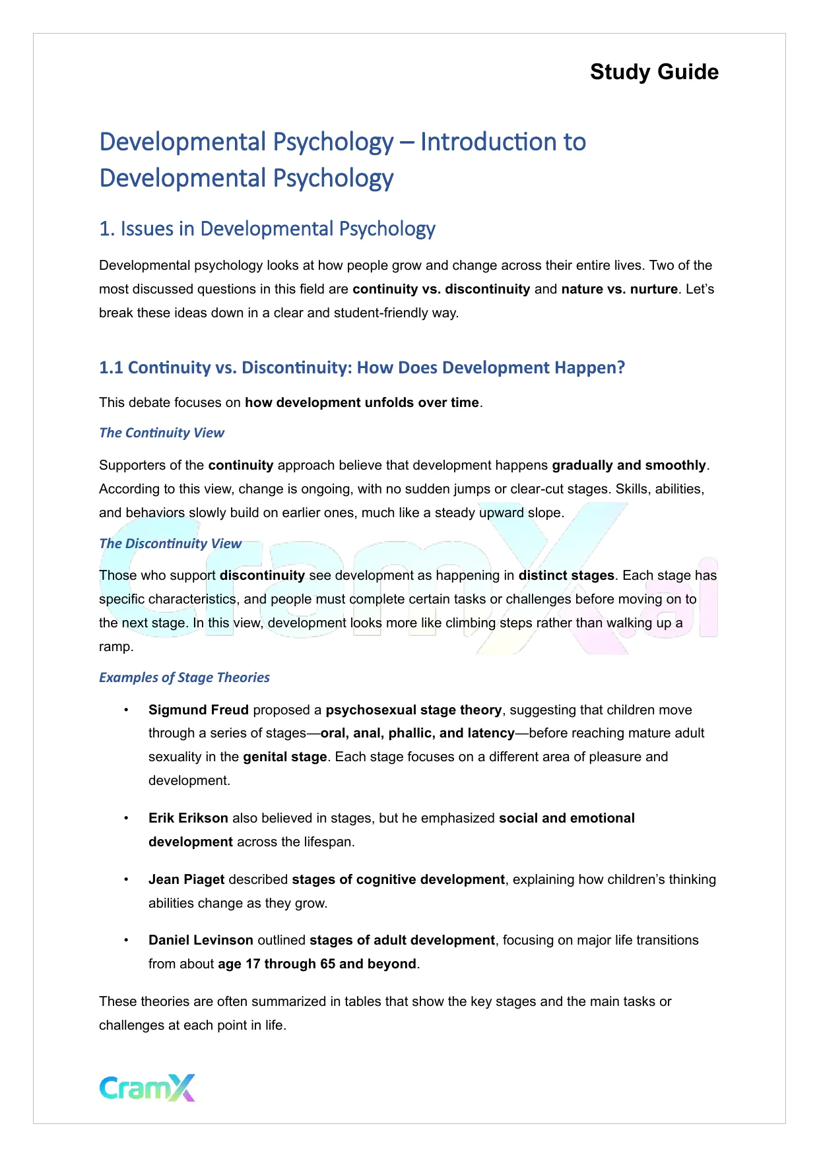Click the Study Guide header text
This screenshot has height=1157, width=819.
pos(654,72)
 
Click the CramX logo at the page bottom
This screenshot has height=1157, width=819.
pos(147,1088)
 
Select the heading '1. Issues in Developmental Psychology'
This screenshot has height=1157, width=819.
pos(267,229)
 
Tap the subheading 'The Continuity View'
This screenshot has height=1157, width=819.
pos(162,433)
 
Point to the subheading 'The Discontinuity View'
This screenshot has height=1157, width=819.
pos(170,544)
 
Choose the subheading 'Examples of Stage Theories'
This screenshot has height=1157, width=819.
pos(184,677)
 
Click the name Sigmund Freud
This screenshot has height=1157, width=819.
pos(198,710)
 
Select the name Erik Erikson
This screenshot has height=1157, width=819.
pos(188,818)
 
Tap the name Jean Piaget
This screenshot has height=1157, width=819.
pos(187,879)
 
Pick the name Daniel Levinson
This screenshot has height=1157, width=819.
pos(201,940)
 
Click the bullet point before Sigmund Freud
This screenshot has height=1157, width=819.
pos(126,710)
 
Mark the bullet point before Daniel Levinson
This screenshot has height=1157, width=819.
pos(126,940)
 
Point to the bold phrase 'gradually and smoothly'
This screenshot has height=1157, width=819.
pos(628,465)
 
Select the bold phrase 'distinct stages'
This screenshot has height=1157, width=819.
pos(566,575)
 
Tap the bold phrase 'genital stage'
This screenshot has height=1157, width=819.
pos(284,757)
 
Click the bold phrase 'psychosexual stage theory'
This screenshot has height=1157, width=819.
pos(413,710)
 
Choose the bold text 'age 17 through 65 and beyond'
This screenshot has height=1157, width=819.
pos(317,964)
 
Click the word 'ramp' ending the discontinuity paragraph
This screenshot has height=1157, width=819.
pos(115,646)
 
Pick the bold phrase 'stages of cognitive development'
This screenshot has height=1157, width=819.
pos(398,879)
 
